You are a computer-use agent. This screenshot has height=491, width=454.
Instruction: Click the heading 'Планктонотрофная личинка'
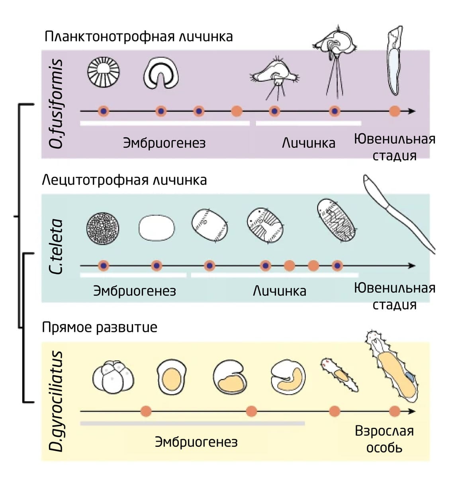[138, 37]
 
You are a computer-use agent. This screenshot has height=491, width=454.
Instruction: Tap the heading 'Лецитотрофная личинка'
[124, 180]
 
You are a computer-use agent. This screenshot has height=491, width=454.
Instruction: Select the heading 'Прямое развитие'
[100, 327]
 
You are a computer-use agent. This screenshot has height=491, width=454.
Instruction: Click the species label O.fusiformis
[56, 104]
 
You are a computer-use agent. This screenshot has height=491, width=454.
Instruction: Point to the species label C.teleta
[56, 247]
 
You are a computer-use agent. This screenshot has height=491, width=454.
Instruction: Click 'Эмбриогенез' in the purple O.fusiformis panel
[164, 143]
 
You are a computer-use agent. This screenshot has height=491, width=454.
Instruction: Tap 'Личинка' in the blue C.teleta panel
[280, 291]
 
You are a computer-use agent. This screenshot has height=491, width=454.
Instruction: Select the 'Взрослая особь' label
[384, 439]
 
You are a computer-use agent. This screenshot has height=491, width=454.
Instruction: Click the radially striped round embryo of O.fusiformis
[103, 72]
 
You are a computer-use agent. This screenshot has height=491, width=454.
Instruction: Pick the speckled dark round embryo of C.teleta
[103, 228]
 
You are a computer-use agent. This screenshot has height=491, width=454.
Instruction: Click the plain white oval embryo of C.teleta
[157, 228]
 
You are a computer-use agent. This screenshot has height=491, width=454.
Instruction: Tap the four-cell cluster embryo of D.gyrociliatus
[113, 377]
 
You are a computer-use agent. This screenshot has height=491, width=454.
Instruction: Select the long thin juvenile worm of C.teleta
[398, 213]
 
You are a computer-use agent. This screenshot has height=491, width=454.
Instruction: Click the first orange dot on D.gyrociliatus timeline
[146, 411]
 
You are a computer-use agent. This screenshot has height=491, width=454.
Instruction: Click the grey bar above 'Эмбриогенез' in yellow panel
[192, 424]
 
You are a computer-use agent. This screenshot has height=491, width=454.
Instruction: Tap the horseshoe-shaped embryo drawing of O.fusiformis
[161, 74]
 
